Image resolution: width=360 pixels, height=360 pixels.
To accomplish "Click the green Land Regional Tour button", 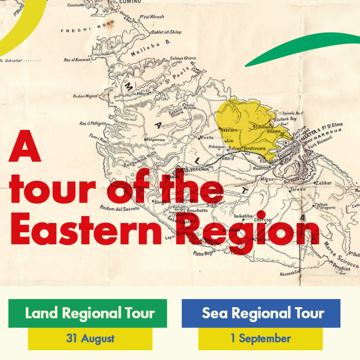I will coord(88,313).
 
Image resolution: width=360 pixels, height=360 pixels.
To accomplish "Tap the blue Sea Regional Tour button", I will coord(261,313).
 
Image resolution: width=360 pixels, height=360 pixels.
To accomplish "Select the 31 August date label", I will coord(90,339).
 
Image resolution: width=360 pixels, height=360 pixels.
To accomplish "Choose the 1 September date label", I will coord(260,339).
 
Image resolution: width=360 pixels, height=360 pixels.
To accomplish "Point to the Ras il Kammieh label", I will coord(77,59).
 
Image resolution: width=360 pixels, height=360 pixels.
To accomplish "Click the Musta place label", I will coord(207,137).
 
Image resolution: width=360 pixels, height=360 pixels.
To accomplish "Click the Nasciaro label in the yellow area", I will coord(229,131).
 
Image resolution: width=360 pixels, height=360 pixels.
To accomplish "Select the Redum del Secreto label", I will coord(115,207).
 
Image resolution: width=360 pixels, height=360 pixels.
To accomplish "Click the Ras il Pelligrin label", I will coord(93,123).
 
